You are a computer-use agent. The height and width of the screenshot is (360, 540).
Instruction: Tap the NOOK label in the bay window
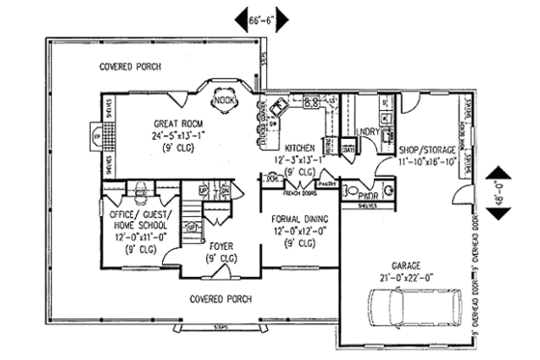[225, 98]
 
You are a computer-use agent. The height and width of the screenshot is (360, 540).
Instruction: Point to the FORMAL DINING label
[298, 220]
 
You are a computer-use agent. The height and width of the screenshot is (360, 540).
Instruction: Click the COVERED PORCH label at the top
[129, 67]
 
